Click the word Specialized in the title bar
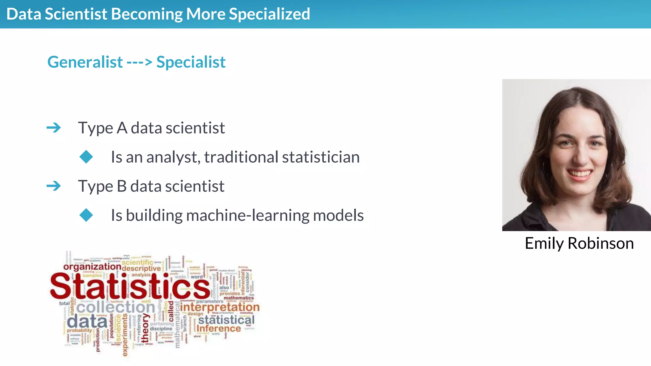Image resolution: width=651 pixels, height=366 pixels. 269,14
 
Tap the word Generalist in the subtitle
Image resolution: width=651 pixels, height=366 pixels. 85,62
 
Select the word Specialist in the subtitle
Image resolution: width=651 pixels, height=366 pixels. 191,62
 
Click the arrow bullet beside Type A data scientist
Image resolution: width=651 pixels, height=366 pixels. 54,128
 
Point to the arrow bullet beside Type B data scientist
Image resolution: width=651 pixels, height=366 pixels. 54,186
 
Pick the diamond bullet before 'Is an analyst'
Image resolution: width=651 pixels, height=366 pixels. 86,157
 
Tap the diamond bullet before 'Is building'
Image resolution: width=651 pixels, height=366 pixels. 86,215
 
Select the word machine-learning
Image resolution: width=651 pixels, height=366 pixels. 248,215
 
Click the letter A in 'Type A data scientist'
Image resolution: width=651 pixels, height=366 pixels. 122,128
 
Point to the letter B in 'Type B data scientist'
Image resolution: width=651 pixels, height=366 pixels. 122,186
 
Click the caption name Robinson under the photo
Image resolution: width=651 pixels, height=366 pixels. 600,243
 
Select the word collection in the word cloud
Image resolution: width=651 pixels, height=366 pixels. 116,307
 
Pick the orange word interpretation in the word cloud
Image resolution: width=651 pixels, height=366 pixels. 220,307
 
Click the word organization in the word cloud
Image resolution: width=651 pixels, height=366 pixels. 92,267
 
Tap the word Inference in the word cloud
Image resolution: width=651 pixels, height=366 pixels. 219,329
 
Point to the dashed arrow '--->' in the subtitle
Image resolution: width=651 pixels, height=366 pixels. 140,62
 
